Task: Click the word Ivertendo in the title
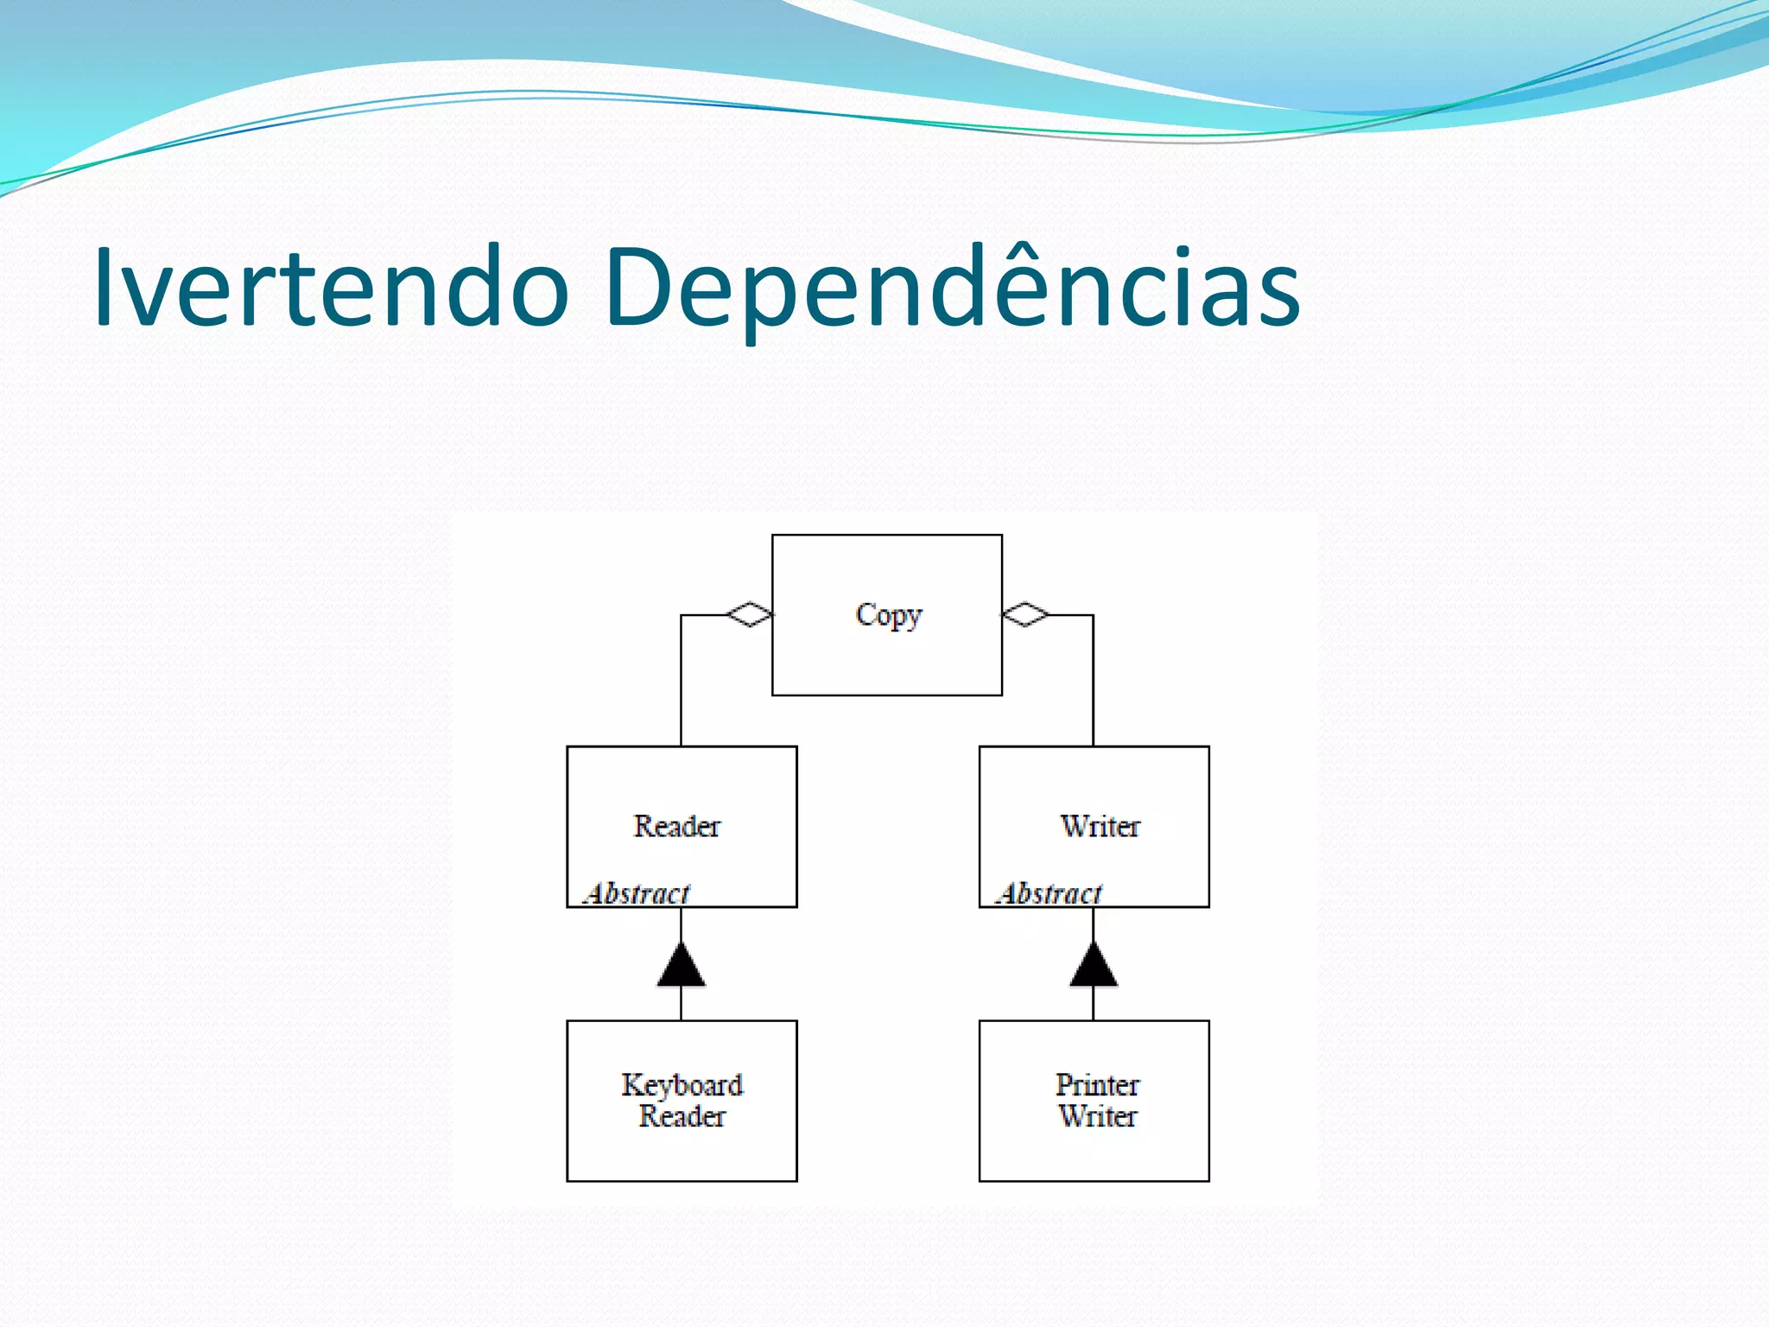click(x=332, y=287)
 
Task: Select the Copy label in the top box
click(x=889, y=615)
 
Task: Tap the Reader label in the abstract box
click(x=677, y=826)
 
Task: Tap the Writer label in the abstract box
click(x=1100, y=826)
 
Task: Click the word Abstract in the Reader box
click(x=637, y=893)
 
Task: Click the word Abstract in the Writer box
click(x=1050, y=893)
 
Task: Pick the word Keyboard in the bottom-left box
click(x=682, y=1084)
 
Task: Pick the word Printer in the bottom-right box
click(x=1097, y=1084)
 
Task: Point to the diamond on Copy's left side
click(x=749, y=614)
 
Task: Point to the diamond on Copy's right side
click(x=1025, y=614)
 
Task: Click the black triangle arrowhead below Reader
click(x=682, y=967)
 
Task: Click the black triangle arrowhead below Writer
click(x=1094, y=967)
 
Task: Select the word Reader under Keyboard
click(x=682, y=1116)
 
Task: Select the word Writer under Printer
click(x=1097, y=1116)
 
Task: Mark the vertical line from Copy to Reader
click(x=682, y=683)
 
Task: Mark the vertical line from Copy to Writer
click(x=1094, y=683)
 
